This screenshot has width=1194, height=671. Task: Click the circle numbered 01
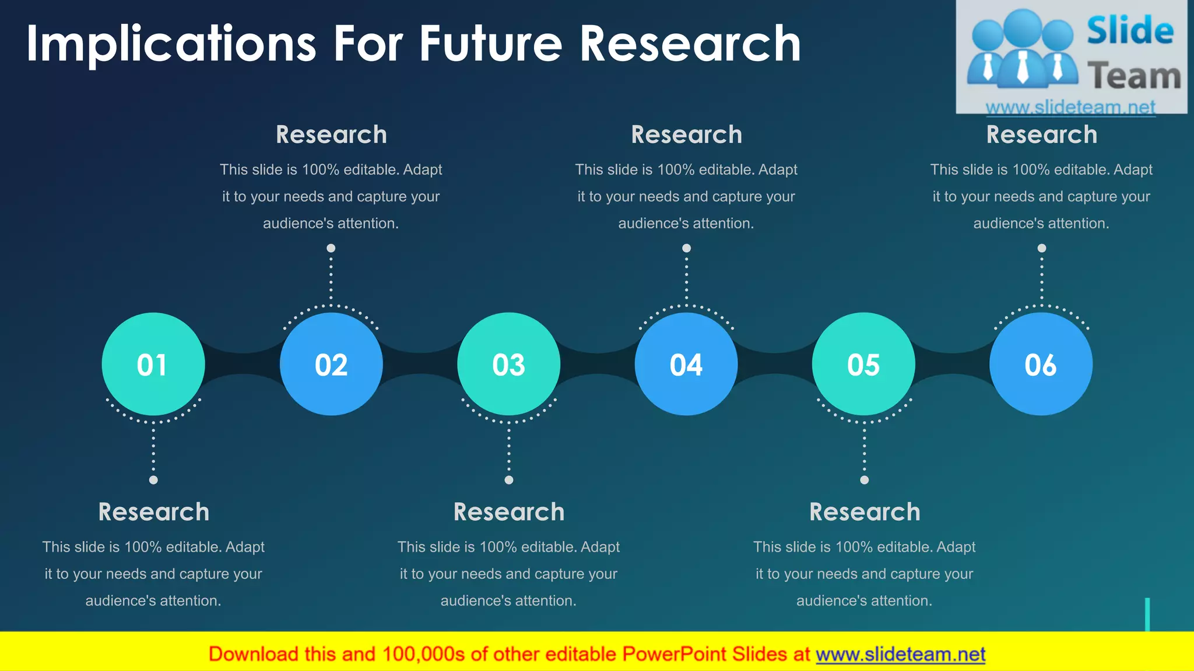153,364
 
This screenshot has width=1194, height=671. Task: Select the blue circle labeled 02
331,364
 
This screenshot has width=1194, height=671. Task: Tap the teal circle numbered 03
509,364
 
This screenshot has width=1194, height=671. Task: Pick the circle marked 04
686,364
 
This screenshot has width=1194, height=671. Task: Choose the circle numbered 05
863,364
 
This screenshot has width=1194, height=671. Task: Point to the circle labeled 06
1041,364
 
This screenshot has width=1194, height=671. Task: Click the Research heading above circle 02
331,135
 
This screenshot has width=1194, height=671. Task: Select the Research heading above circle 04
686,135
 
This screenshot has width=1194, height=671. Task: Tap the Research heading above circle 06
1041,135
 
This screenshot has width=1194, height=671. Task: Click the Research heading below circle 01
153,512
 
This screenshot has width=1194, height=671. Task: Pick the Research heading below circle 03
509,512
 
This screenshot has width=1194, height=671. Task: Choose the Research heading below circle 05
865,512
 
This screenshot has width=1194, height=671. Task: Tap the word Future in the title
491,44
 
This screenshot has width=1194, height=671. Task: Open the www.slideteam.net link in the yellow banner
900,655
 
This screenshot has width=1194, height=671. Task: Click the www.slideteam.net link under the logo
1070,107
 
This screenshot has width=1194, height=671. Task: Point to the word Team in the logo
1134,76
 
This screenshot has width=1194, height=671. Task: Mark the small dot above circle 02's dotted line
331,248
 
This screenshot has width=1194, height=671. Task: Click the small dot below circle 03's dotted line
509,480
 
